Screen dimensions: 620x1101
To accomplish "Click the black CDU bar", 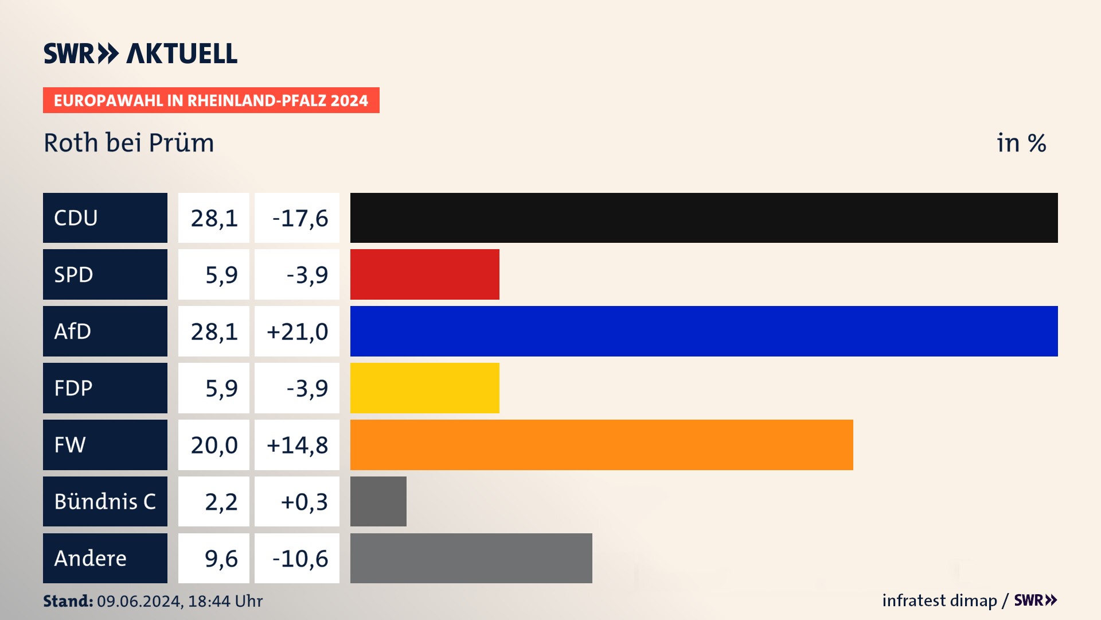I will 704,218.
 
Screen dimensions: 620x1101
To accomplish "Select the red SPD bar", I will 424,274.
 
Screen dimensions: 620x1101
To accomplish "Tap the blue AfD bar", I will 704,331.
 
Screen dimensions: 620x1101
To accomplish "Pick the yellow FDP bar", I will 424,388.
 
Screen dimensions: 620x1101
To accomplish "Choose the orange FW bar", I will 602,445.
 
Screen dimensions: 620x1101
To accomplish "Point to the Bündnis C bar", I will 378,501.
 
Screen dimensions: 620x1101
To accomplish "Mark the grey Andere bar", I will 471,558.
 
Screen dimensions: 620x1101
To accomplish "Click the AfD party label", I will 105,331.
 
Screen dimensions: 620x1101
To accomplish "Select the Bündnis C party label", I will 105,501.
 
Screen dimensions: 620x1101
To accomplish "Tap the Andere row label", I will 105,558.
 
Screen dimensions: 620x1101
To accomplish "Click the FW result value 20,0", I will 214,445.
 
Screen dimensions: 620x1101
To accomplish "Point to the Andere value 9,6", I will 221,558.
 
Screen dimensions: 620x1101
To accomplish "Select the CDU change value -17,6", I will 299,218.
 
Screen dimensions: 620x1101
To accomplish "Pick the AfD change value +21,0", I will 297,331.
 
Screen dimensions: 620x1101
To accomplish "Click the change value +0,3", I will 304,502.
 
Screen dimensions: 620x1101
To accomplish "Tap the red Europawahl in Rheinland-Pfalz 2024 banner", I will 211,100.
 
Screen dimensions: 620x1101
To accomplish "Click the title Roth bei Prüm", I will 129,143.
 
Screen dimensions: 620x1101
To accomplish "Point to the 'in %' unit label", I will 1021,143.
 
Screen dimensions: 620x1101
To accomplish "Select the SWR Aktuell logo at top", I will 140,53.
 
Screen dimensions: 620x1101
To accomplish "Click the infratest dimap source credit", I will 939,600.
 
